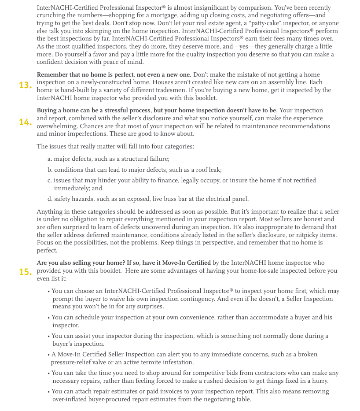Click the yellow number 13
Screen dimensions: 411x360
(x=25, y=85)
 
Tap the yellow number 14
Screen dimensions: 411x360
(x=25, y=122)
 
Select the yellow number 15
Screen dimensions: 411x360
(x=25, y=272)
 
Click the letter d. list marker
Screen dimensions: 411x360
(x=50, y=199)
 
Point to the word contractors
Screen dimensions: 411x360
(x=264, y=373)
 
